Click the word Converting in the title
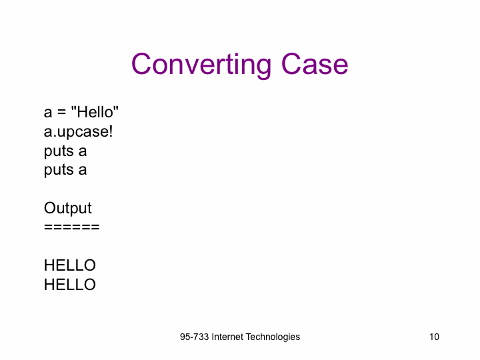pos(201,65)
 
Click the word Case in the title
pos(315,64)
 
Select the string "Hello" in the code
pos(95,112)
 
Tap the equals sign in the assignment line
pos(61,113)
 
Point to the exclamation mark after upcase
pos(111,131)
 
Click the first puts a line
pos(65,151)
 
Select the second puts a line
pos(65,171)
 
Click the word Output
pos(67,209)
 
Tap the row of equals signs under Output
pos(72,227)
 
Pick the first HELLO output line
pos(70,265)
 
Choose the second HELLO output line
pos(70,285)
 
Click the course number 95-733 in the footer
pos(195,337)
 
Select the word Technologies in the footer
pos(273,337)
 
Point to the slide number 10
pos(434,337)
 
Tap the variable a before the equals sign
pos(48,113)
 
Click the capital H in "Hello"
pos(82,112)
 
